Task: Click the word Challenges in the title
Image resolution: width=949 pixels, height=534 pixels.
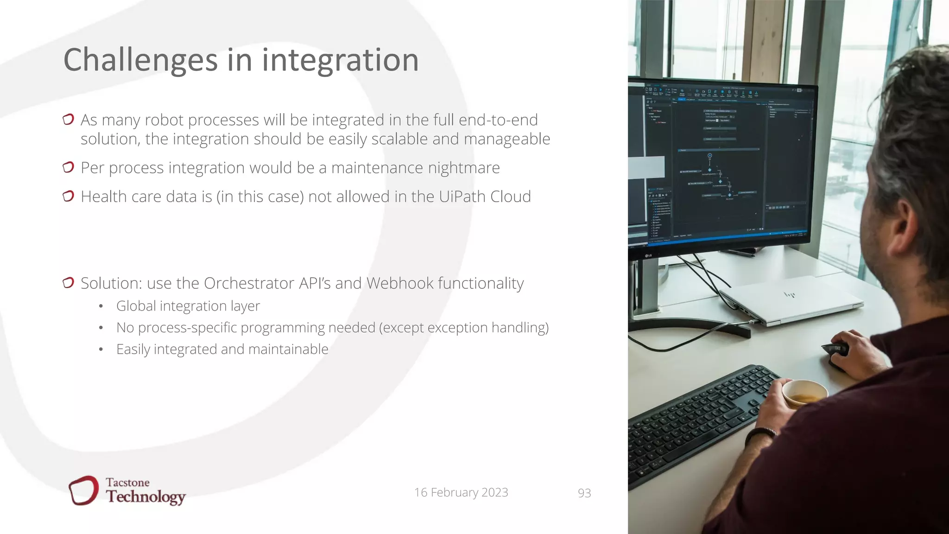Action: coord(140,60)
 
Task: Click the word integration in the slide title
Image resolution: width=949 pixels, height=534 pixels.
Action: coord(340,60)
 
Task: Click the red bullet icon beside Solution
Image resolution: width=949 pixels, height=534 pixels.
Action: coord(68,283)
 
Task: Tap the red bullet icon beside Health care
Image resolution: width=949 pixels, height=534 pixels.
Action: coord(68,197)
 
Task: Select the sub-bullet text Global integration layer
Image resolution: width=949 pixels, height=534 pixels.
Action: coord(188,306)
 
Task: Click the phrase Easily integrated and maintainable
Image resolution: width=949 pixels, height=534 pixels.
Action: coord(222,349)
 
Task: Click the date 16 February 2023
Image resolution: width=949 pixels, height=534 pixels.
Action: coord(461,492)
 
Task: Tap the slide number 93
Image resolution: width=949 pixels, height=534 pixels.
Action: coord(584,493)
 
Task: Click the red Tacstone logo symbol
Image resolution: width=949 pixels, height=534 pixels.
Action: coord(83,490)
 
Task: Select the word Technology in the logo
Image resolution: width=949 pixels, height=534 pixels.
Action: coord(146,497)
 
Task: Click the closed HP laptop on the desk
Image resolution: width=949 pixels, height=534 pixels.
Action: coord(792,299)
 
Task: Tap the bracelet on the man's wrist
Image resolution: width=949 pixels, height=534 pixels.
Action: coord(760,434)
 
